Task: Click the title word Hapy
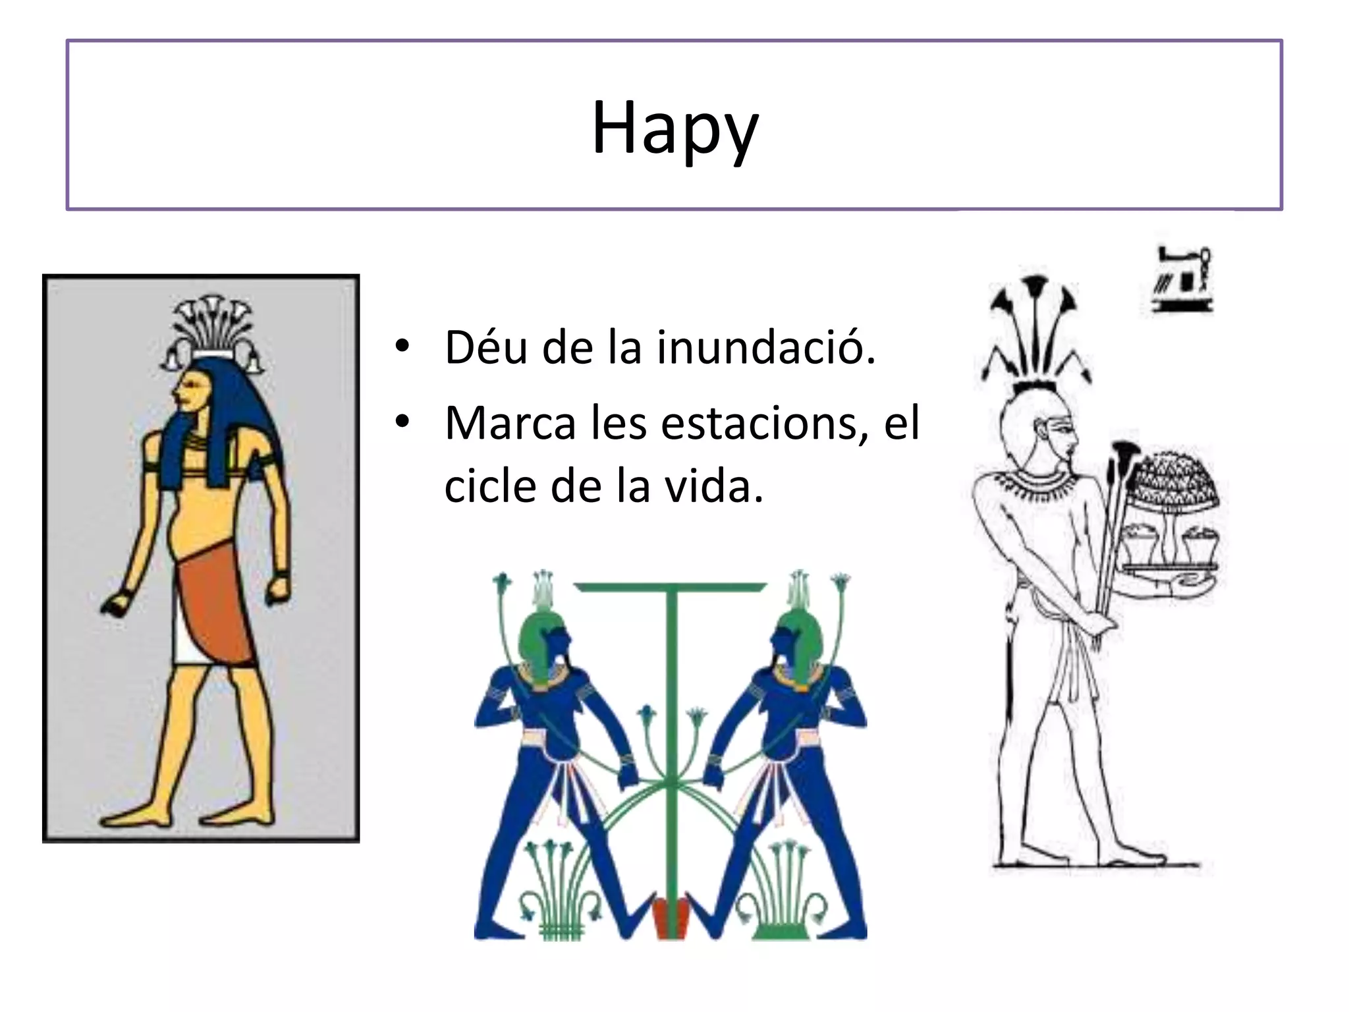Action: [x=674, y=128]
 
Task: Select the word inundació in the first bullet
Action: [x=766, y=347]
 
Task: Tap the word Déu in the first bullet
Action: [x=486, y=347]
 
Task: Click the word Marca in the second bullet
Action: [x=510, y=423]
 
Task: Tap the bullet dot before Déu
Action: [x=402, y=345]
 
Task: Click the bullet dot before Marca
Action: [x=402, y=422]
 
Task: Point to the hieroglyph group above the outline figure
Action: [x=1183, y=279]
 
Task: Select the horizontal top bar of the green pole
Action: [x=671, y=586]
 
